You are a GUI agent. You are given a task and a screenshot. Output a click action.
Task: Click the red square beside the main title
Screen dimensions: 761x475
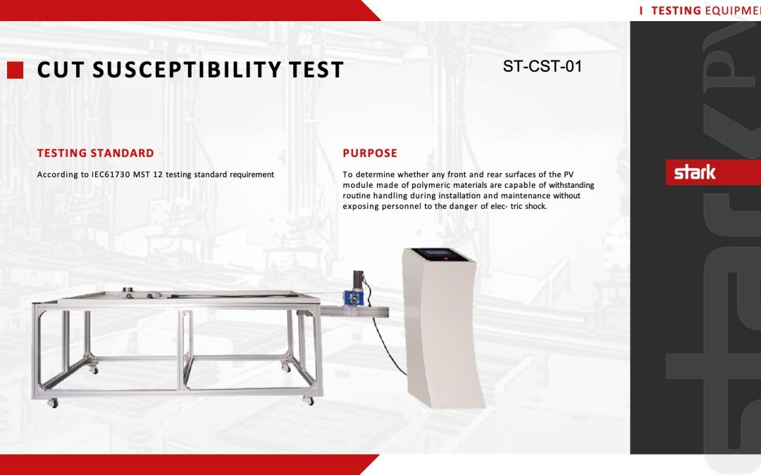[15, 70]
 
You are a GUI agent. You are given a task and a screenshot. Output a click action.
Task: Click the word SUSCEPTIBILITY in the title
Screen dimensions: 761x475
[187, 70]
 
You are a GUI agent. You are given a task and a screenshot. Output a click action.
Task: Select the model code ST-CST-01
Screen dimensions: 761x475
[542, 66]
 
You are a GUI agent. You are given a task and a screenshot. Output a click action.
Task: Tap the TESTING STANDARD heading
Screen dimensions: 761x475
[96, 153]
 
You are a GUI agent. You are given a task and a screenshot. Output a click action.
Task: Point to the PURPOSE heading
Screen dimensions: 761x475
[370, 153]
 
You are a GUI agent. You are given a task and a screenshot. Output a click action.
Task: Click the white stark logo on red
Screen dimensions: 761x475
[695, 172]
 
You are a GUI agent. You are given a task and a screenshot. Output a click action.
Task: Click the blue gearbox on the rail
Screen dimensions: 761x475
[353, 297]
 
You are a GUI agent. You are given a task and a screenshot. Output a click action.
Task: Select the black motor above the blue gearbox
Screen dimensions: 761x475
[359, 279]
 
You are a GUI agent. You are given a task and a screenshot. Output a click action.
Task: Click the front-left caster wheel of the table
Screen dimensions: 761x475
[52, 403]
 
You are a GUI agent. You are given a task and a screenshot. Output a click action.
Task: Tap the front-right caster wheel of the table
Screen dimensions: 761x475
[308, 400]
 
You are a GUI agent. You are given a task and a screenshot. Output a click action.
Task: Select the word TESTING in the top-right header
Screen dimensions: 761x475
[676, 11]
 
